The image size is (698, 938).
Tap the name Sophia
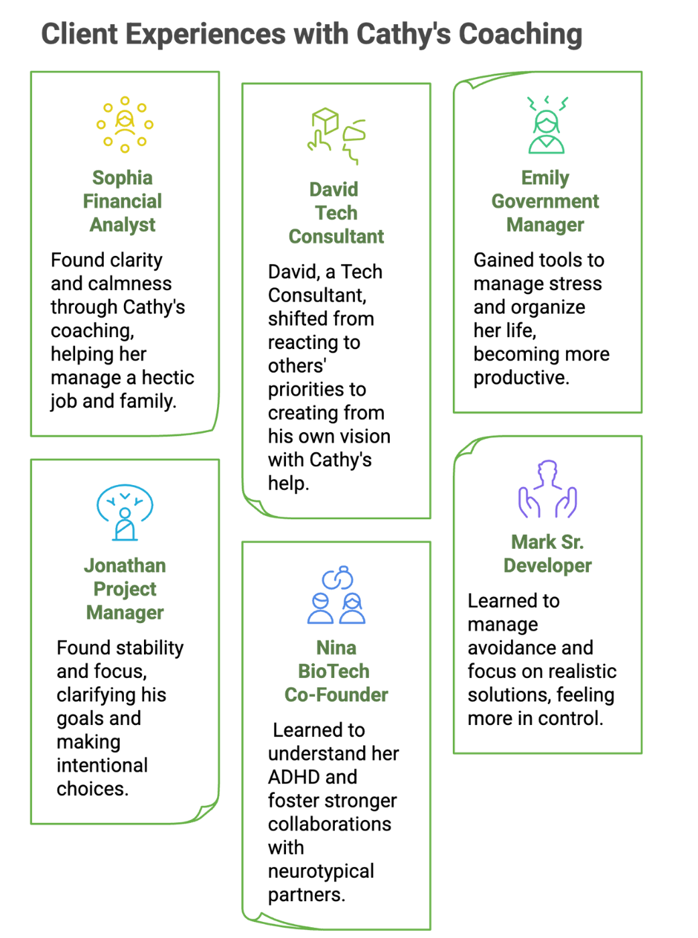pyautogui.click(x=123, y=178)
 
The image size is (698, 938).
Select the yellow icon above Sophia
pyautogui.click(x=125, y=124)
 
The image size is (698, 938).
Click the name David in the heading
pyautogui.click(x=334, y=190)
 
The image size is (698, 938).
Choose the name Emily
pyautogui.click(x=545, y=178)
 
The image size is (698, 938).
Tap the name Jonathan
pyautogui.click(x=125, y=565)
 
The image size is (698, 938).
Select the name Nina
pyautogui.click(x=336, y=648)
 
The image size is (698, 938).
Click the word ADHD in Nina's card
pyautogui.click(x=312, y=777)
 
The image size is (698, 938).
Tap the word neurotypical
pyautogui.click(x=321, y=871)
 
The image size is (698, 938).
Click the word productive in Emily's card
pyautogui.click(x=520, y=378)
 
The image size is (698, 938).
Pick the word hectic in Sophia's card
pyautogui.click(x=168, y=378)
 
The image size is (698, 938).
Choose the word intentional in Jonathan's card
pyautogui.click(x=102, y=765)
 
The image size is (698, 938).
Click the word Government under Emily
pyautogui.click(x=545, y=201)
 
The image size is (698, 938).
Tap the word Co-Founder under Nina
pyautogui.click(x=336, y=695)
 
